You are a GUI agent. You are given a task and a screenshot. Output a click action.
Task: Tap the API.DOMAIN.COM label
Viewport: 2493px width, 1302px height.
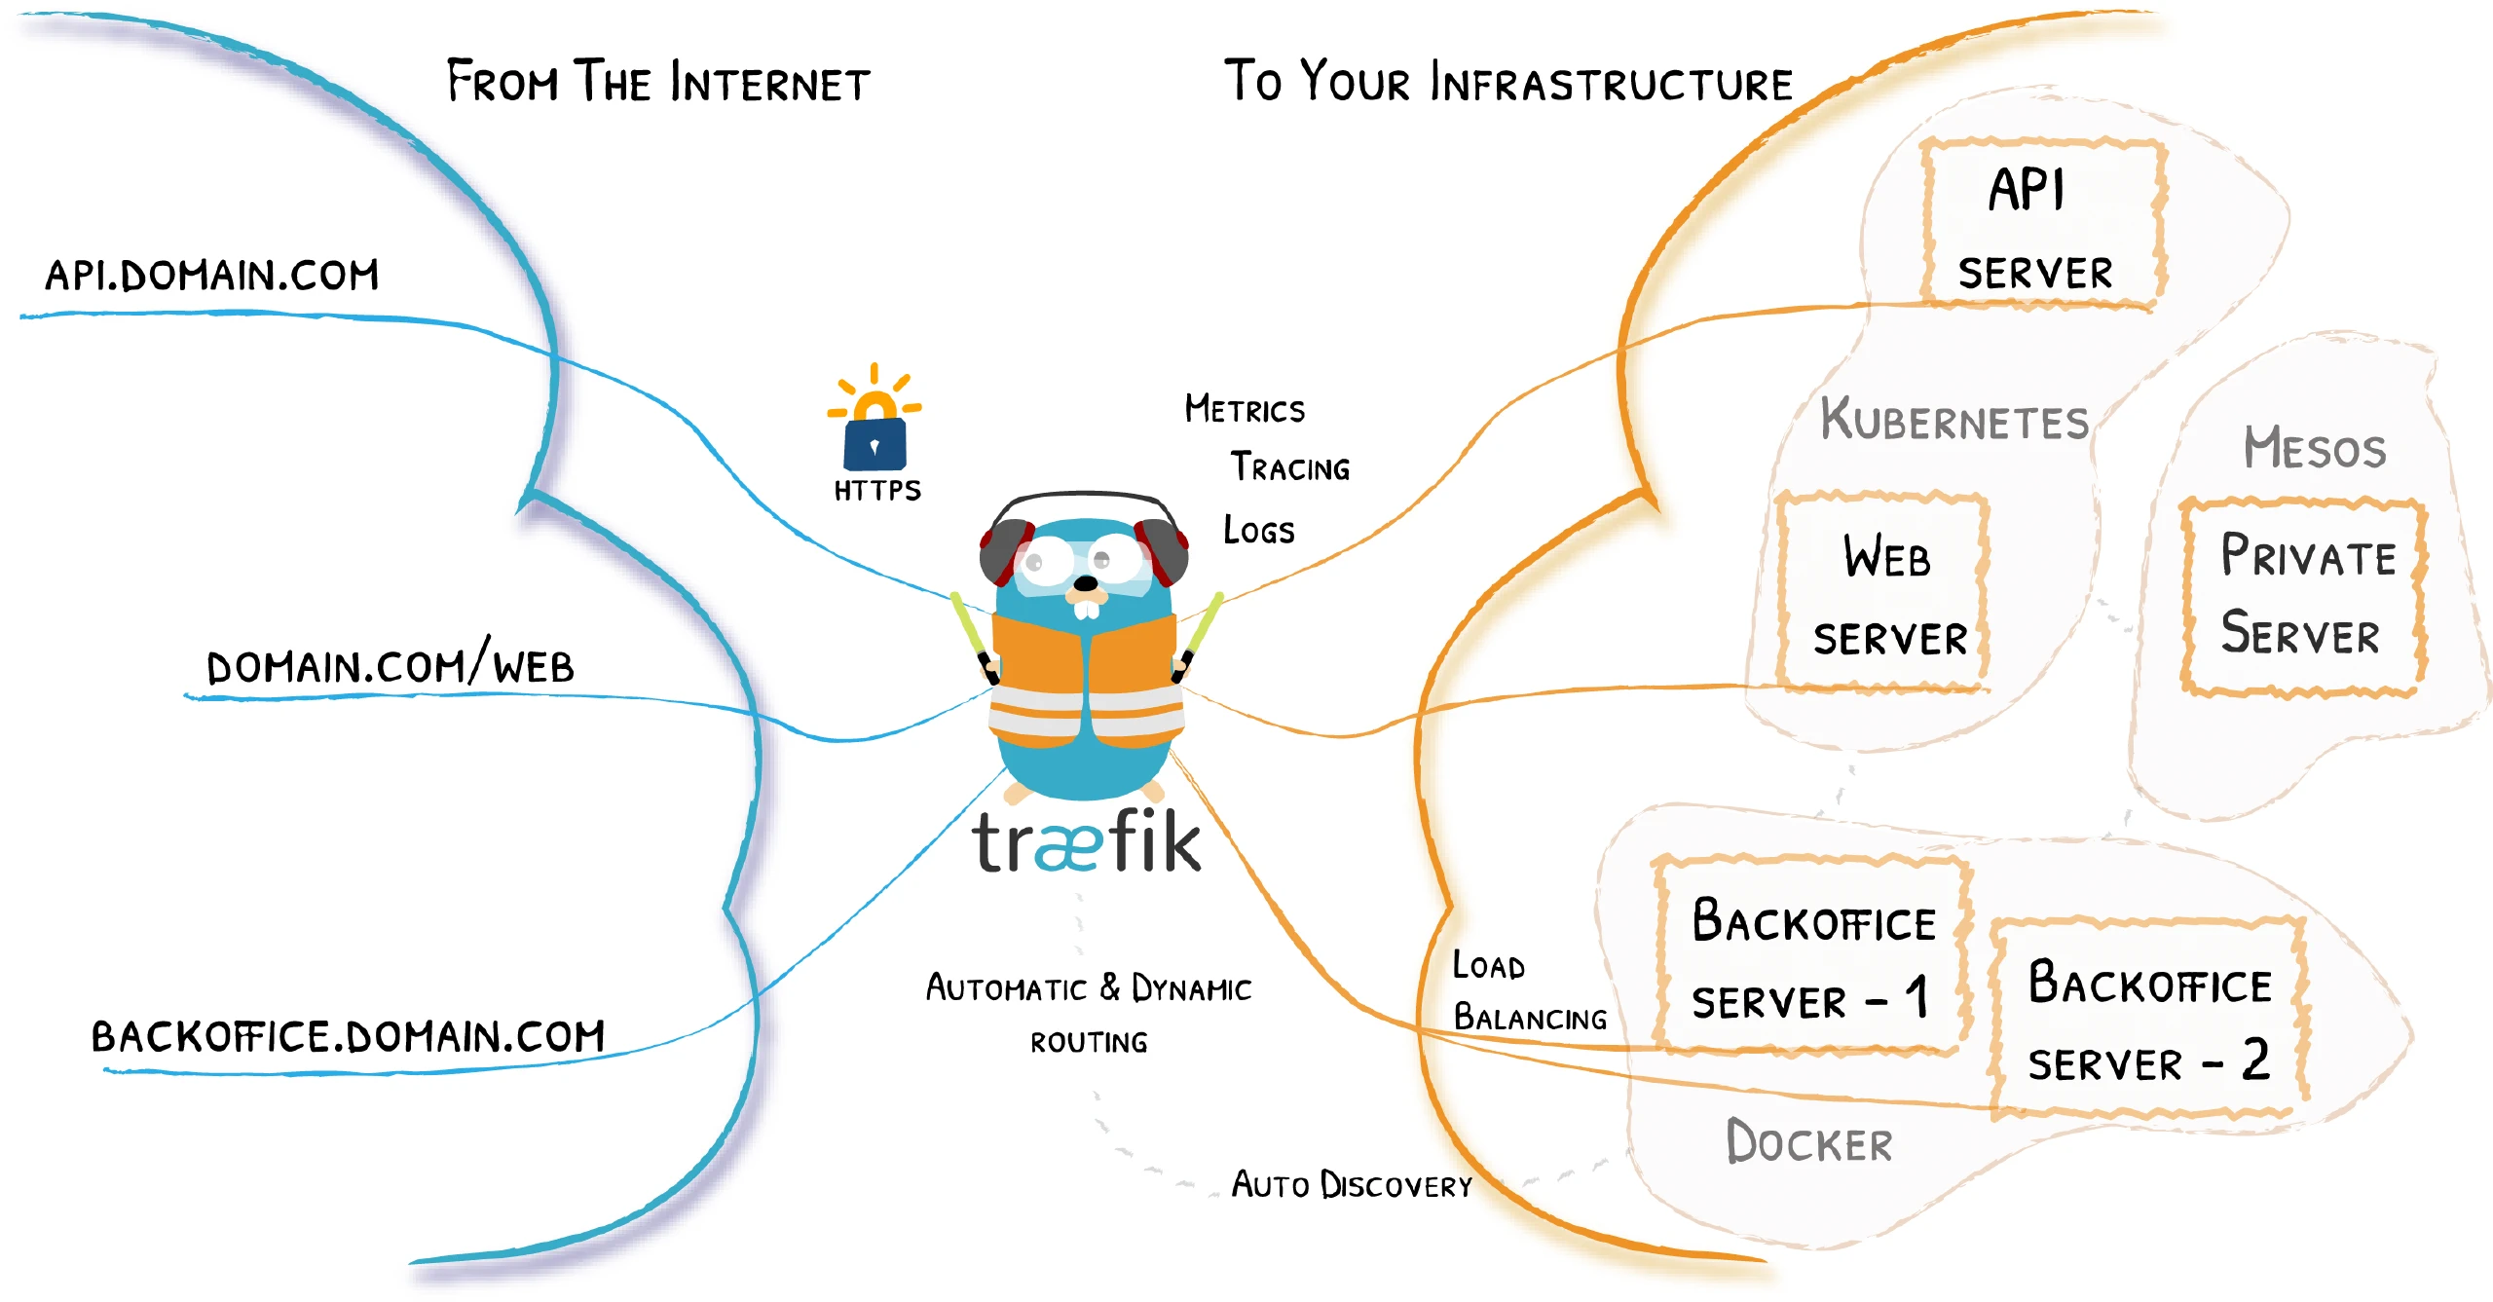point(212,276)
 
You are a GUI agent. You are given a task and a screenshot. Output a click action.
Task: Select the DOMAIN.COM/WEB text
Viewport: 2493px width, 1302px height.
point(390,666)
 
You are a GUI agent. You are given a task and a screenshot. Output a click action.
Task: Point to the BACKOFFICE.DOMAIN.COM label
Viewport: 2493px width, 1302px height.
point(348,1035)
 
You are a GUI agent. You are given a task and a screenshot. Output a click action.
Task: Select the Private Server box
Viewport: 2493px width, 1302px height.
point(2303,596)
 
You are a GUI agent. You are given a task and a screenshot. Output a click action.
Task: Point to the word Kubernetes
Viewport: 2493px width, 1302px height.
point(1954,421)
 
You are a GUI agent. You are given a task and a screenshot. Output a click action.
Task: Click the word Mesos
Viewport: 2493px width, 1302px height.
point(2315,448)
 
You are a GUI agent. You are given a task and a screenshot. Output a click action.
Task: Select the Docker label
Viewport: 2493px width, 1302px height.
point(1809,1142)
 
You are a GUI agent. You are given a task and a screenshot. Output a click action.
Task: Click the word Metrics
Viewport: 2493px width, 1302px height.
point(1245,409)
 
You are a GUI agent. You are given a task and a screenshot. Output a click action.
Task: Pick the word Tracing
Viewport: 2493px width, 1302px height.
point(1290,467)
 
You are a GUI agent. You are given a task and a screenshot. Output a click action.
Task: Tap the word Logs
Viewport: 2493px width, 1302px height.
point(1259,530)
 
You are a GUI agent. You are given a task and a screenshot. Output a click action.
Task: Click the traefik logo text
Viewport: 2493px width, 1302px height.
point(1087,842)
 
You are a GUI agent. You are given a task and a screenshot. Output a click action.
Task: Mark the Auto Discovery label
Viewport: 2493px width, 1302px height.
point(1352,1185)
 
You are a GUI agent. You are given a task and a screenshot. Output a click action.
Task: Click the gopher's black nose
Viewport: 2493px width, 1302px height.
point(1085,584)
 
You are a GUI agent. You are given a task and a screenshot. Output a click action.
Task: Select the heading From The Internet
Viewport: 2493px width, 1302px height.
point(658,82)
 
